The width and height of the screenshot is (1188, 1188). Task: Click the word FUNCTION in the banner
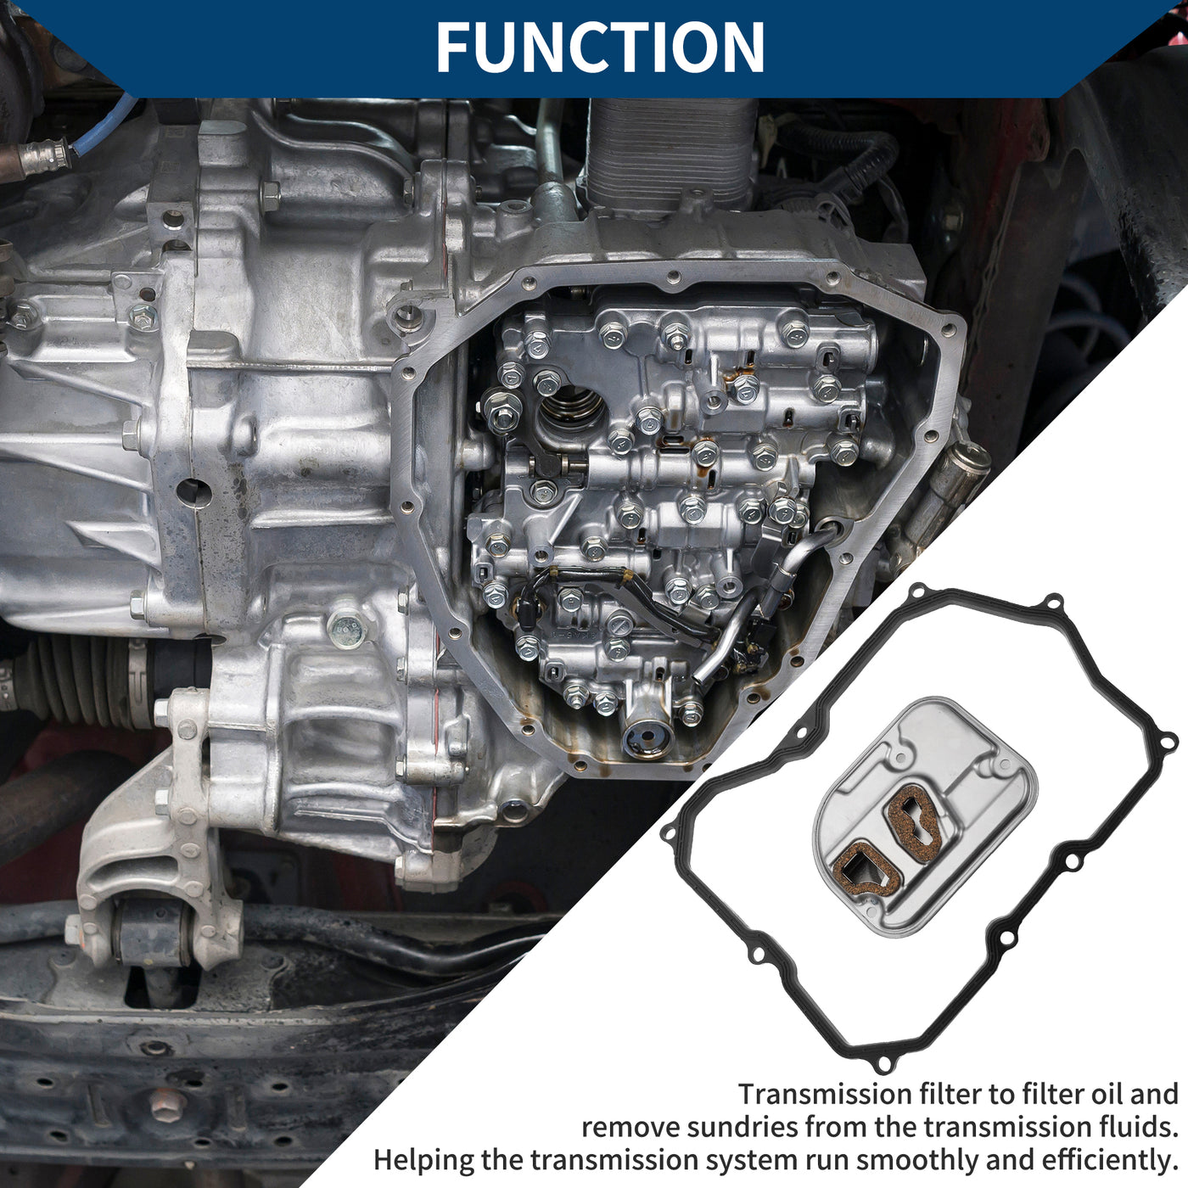(x=600, y=48)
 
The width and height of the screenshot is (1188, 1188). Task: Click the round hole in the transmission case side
(x=193, y=493)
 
